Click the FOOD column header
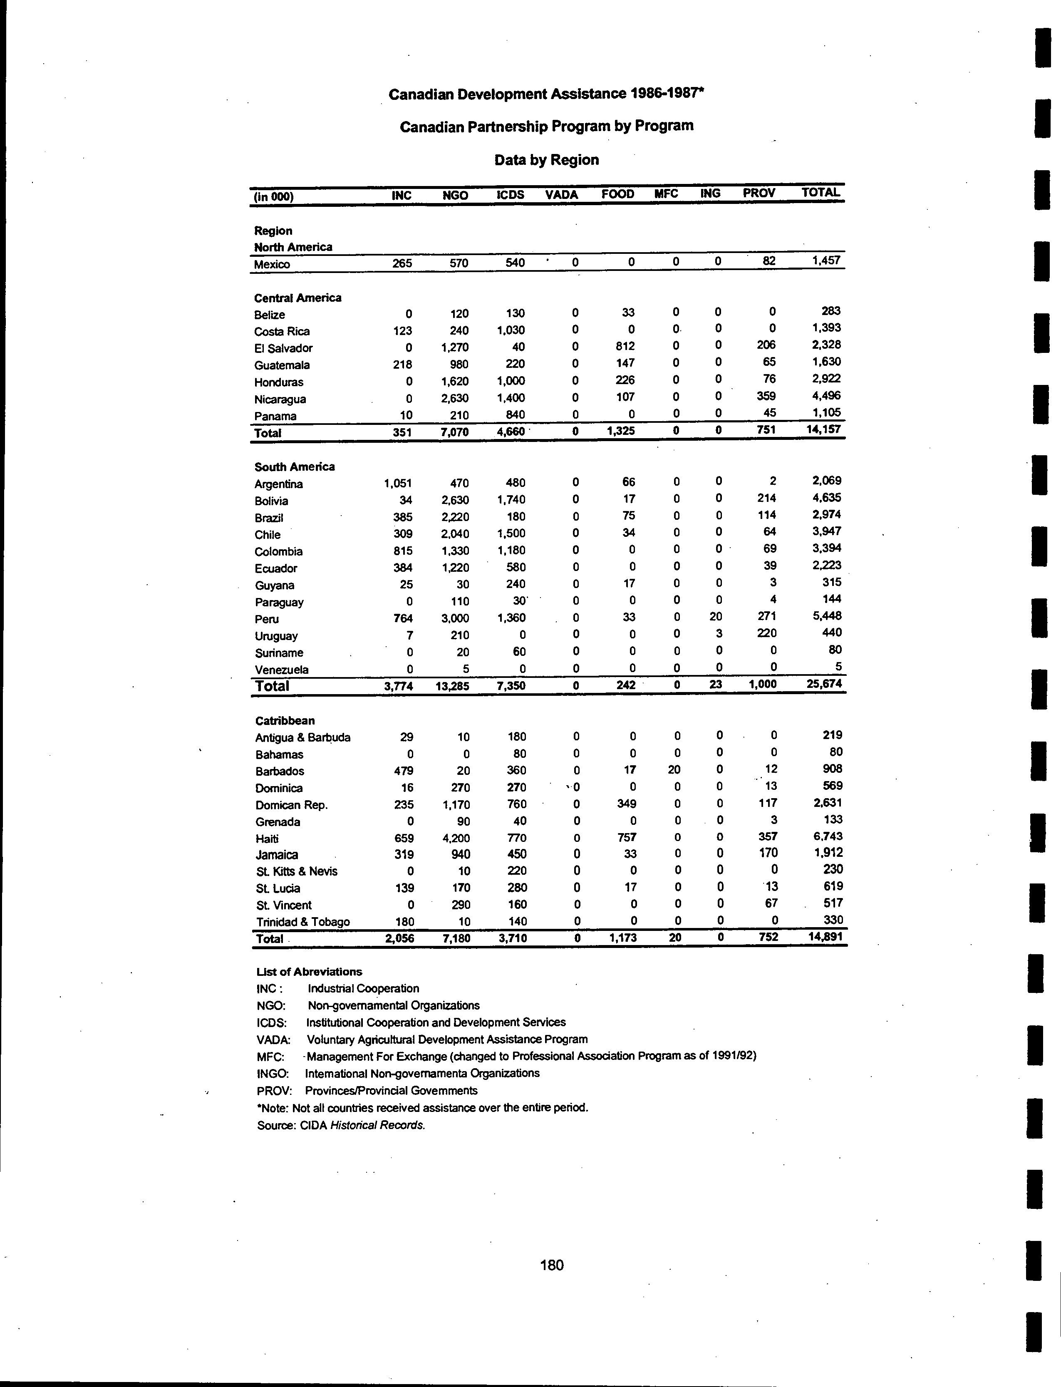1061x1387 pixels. pyautogui.click(x=617, y=194)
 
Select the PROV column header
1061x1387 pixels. pyautogui.click(x=759, y=193)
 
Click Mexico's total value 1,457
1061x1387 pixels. pyautogui.click(x=827, y=260)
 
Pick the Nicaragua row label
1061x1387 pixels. pyautogui.click(x=280, y=399)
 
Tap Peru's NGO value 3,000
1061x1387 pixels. pyautogui.click(x=455, y=618)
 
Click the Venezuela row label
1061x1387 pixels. pyautogui.click(x=282, y=670)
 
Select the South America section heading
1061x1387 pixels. pyautogui.click(x=294, y=467)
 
